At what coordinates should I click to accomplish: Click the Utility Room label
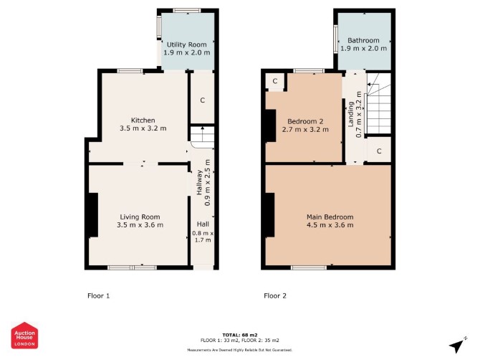point(187,44)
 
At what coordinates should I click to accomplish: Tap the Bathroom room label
point(363,40)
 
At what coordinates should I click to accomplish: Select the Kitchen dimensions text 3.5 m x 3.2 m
point(143,128)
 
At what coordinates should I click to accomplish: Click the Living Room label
point(140,217)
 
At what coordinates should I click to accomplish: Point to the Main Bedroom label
point(330,217)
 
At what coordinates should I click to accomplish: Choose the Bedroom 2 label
point(305,122)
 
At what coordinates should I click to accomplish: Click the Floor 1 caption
point(99,295)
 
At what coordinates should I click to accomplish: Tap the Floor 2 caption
point(275,295)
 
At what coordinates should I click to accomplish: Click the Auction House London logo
point(24,335)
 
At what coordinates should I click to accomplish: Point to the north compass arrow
point(458,345)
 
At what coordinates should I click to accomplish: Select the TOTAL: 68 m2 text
point(240,335)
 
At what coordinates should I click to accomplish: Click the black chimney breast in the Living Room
point(93,215)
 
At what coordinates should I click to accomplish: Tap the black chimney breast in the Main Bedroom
point(269,215)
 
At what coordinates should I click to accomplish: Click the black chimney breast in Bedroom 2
point(270,125)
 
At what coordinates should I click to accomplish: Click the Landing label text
point(351,114)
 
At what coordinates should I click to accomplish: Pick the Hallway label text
point(199,183)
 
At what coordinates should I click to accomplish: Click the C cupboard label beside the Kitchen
point(202,100)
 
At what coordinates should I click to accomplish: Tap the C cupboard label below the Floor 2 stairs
point(379,151)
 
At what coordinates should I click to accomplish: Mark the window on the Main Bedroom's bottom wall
point(309,267)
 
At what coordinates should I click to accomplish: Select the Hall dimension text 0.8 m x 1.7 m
point(203,237)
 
